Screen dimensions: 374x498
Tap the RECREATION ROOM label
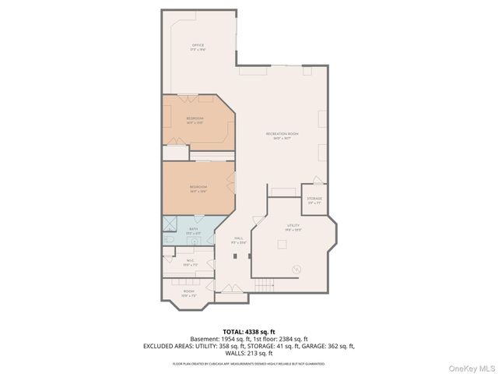(x=282, y=134)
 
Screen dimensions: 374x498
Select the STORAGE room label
(x=314, y=199)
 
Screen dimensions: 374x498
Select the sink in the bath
(x=195, y=242)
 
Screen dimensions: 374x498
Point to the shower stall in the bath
(x=170, y=224)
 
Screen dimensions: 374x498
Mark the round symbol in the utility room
(x=296, y=270)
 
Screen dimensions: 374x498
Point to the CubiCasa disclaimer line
(x=248, y=364)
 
